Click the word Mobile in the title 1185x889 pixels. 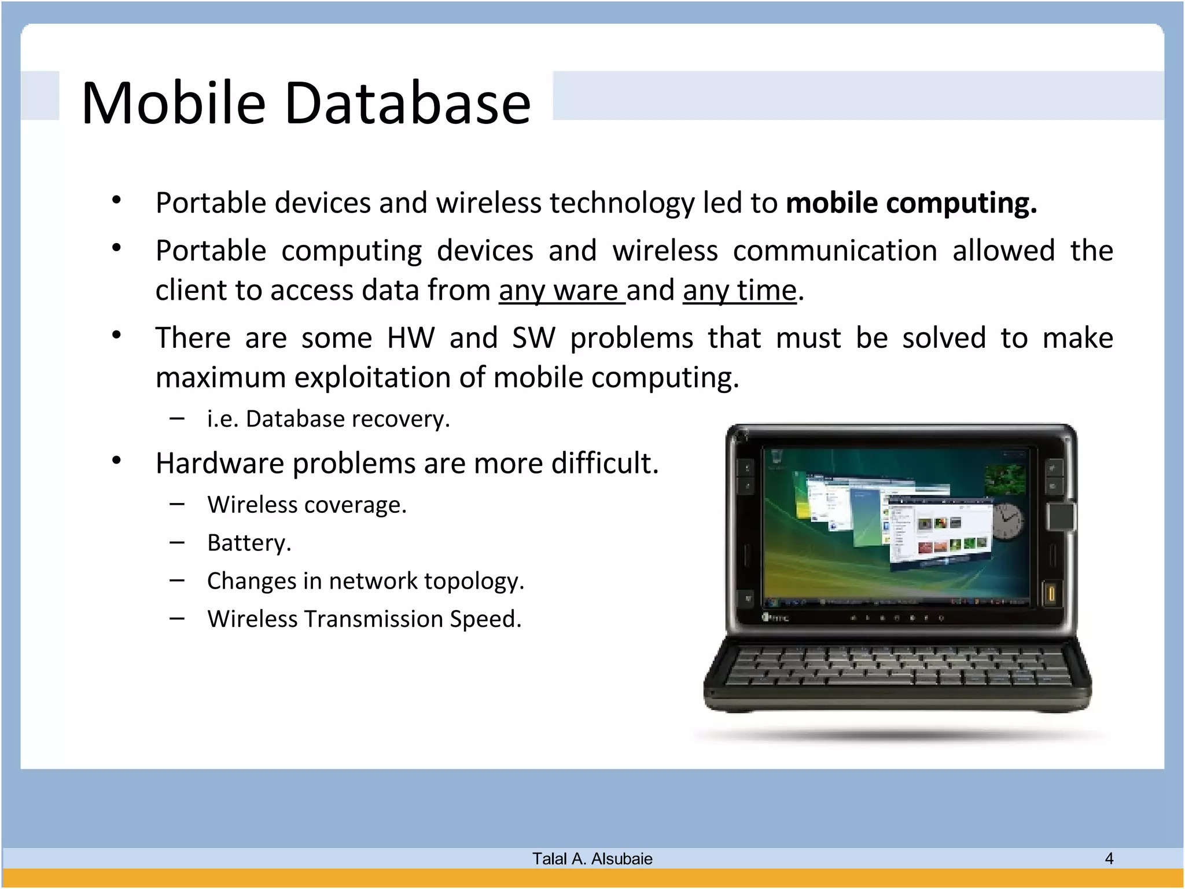click(x=174, y=103)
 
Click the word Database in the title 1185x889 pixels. click(x=407, y=103)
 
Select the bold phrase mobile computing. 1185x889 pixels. click(x=911, y=203)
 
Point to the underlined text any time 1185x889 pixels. click(x=739, y=290)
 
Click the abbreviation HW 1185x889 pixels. click(x=410, y=338)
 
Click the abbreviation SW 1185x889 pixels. click(x=533, y=338)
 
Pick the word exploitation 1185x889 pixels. click(x=373, y=378)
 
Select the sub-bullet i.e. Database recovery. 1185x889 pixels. click(x=328, y=419)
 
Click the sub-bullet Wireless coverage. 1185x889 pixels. click(x=307, y=505)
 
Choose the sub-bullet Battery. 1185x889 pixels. click(x=249, y=543)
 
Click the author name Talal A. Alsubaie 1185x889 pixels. click(x=592, y=859)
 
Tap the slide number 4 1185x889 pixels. click(x=1109, y=858)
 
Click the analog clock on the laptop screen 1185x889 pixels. click(x=1008, y=521)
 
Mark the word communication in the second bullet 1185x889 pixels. click(x=835, y=251)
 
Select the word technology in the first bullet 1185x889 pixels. click(x=622, y=203)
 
